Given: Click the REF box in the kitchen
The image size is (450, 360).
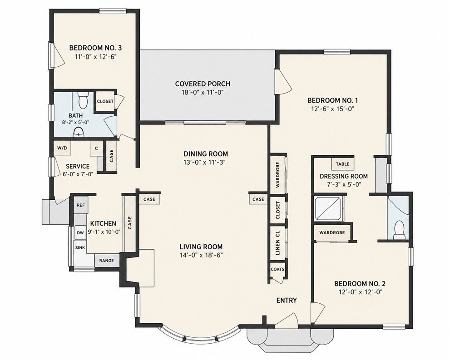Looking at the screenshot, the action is pos(81,205).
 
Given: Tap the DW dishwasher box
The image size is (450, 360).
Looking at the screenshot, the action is pos(80,233).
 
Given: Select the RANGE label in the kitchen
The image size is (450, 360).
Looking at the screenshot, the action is pos(106,261).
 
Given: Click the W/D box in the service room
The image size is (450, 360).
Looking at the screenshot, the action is pos(62,148).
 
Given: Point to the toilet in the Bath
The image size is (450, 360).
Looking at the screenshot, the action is pos(83,100).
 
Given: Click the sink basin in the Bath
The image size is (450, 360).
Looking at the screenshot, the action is pos(79,133).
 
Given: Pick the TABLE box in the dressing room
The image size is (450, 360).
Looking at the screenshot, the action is pos(343,164).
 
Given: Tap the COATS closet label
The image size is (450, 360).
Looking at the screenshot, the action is pos(277,269).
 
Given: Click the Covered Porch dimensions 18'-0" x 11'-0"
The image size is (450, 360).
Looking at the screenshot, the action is pos(203,92).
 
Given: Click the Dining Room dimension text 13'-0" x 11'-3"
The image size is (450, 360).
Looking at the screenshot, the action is pos(206,163).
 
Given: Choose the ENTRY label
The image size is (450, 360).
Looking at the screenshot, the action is pos(287,301).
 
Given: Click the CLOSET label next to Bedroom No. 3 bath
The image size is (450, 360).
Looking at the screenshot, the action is pos(105,101).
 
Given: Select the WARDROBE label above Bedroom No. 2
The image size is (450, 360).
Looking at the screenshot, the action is pos(332,232).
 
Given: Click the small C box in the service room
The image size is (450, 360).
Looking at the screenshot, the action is pos(96,148).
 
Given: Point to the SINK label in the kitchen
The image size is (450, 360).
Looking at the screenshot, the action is pos(80,247).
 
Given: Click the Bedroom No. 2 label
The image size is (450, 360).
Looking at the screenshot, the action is pos(360,284).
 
